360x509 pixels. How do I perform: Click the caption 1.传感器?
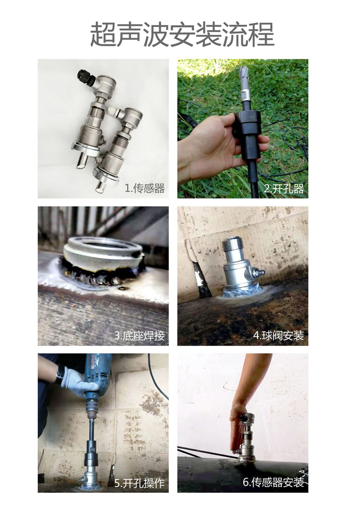(x=144, y=188)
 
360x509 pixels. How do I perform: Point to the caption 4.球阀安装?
(x=279, y=335)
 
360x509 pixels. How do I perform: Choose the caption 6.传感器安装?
(x=273, y=482)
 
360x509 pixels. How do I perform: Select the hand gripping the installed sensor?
(x=237, y=427)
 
